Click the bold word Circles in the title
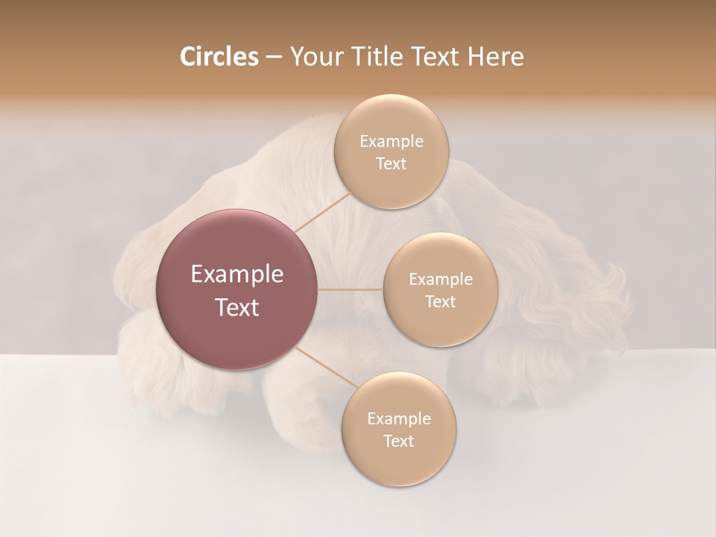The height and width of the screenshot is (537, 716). pos(219,57)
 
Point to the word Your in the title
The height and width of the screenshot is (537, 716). pos(315,57)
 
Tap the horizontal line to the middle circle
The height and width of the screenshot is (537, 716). pos(351,289)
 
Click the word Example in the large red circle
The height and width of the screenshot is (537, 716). pos(236,274)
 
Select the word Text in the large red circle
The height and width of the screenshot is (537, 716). pos(236,307)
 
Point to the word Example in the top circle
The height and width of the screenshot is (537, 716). pos(391,142)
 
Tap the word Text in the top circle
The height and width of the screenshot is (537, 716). pos(391,164)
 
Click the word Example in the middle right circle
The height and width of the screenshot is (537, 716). pos(440,280)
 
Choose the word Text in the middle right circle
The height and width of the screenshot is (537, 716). pos(440,302)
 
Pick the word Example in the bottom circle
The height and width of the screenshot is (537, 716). pos(398,419)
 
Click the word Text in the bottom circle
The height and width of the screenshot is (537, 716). pos(398,442)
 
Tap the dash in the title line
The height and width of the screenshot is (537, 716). pos(274,57)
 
